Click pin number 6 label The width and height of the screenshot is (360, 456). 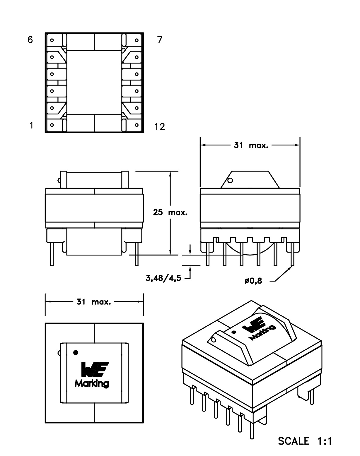pos(30,40)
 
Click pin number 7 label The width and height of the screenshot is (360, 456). pos(159,40)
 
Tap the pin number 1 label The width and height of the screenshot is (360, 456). pos(31,126)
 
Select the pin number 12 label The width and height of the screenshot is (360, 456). pos(159,127)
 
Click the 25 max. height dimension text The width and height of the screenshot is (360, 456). pos(170,212)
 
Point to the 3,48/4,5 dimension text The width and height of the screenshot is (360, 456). pos(163,278)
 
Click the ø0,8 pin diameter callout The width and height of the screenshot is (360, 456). pos(253,281)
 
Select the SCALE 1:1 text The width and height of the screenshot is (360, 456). pos(305,441)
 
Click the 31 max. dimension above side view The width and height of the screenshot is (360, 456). pos(251,145)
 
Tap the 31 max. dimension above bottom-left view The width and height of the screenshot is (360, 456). pos(94,302)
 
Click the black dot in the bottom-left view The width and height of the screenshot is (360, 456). pos(76,353)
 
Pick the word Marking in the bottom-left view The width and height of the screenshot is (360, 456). pos(92,383)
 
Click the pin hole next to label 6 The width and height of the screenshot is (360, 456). pos(52,40)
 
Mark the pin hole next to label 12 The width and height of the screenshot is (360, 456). pos(137,125)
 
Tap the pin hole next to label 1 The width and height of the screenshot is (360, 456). pos(52,125)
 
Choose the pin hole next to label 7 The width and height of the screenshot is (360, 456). pos(137,40)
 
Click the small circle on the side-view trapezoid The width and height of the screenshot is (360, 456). pos(230,180)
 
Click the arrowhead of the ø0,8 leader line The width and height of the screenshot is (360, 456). pos(293,267)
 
